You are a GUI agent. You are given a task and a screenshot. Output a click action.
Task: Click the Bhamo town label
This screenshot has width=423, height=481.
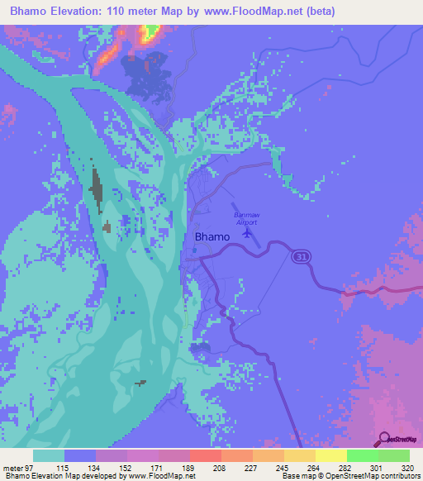pos(211,236)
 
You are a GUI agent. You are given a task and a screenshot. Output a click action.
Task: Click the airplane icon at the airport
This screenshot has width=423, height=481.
pos(246,231)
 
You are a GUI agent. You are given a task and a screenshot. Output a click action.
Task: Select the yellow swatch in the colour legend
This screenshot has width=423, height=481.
pos(331,455)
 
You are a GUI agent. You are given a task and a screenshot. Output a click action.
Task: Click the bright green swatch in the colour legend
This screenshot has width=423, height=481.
pos(363,455)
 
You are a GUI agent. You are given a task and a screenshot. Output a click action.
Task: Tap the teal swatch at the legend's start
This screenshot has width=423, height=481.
pos(49,455)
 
